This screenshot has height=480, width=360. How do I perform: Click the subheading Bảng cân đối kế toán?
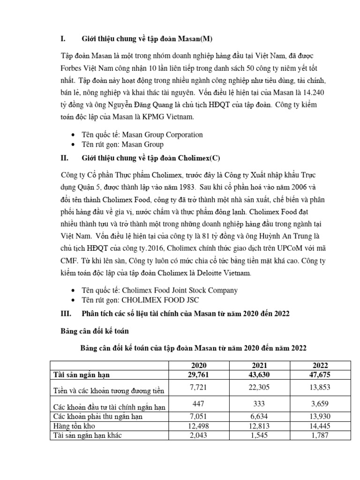pyautogui.click(x=95, y=331)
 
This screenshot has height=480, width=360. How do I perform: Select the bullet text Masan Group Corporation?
pyautogui.click(x=162, y=135)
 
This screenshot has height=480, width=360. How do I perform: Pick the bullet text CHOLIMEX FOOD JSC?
pyautogui.click(x=162, y=300)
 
